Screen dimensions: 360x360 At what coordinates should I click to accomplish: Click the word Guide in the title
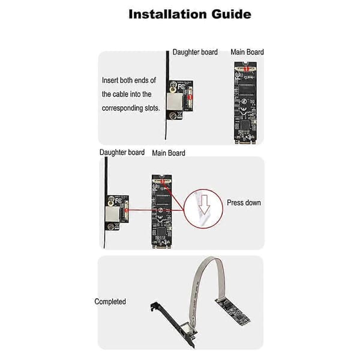pyautogui.click(x=232, y=14)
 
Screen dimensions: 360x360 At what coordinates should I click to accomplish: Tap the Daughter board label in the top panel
pyautogui.click(x=195, y=52)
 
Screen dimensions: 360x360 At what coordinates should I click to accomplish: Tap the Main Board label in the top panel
pyautogui.click(x=247, y=52)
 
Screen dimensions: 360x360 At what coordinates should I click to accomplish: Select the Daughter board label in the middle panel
pyautogui.click(x=122, y=152)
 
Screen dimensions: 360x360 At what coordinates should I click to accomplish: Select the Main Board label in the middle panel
pyautogui.click(x=169, y=153)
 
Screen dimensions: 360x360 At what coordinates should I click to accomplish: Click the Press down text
pyautogui.click(x=244, y=203)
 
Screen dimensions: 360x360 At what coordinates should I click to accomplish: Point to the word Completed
pyautogui.click(x=110, y=301)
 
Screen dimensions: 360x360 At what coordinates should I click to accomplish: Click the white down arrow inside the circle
pyautogui.click(x=204, y=205)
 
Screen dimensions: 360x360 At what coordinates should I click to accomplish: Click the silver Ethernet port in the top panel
pyautogui.click(x=175, y=101)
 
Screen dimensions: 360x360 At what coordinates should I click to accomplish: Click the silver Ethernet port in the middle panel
pyautogui.click(x=112, y=214)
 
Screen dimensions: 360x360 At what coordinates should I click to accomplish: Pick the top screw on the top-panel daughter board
pyautogui.click(x=172, y=86)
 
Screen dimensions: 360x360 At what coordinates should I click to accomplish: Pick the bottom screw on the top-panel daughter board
pyautogui.click(x=173, y=115)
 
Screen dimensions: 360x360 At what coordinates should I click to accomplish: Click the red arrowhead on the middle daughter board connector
pyautogui.click(x=126, y=211)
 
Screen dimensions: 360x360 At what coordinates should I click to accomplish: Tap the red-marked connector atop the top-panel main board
pyautogui.click(x=246, y=68)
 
